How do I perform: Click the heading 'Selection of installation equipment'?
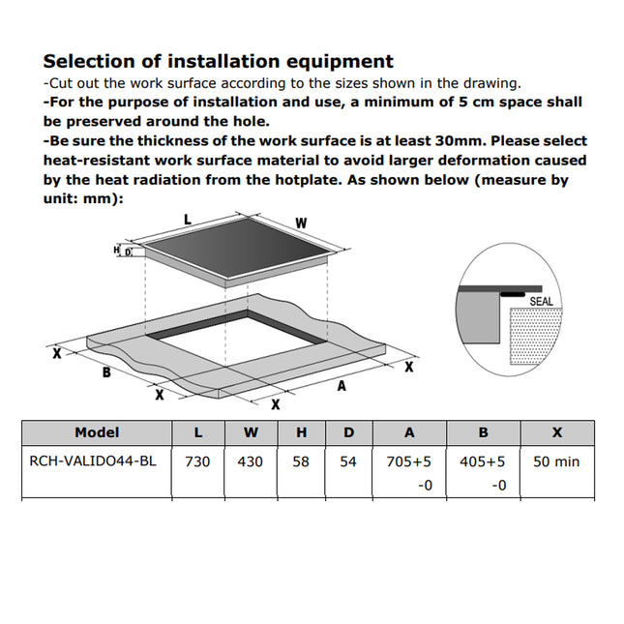click(x=218, y=62)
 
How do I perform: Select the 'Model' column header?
click(x=97, y=432)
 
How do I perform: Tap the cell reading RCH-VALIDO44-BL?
click(x=93, y=461)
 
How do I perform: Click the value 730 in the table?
click(x=197, y=461)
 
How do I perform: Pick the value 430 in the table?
click(x=250, y=461)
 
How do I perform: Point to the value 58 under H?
click(x=301, y=461)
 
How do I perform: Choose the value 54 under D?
click(x=348, y=461)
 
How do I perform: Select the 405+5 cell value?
click(x=483, y=461)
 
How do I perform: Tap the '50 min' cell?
click(x=556, y=461)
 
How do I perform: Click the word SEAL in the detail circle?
click(x=542, y=301)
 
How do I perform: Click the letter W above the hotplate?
click(x=301, y=223)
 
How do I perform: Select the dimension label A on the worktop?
click(x=341, y=386)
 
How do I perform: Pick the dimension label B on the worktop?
click(x=105, y=371)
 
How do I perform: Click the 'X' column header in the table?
click(x=556, y=432)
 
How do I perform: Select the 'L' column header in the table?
click(x=197, y=432)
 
